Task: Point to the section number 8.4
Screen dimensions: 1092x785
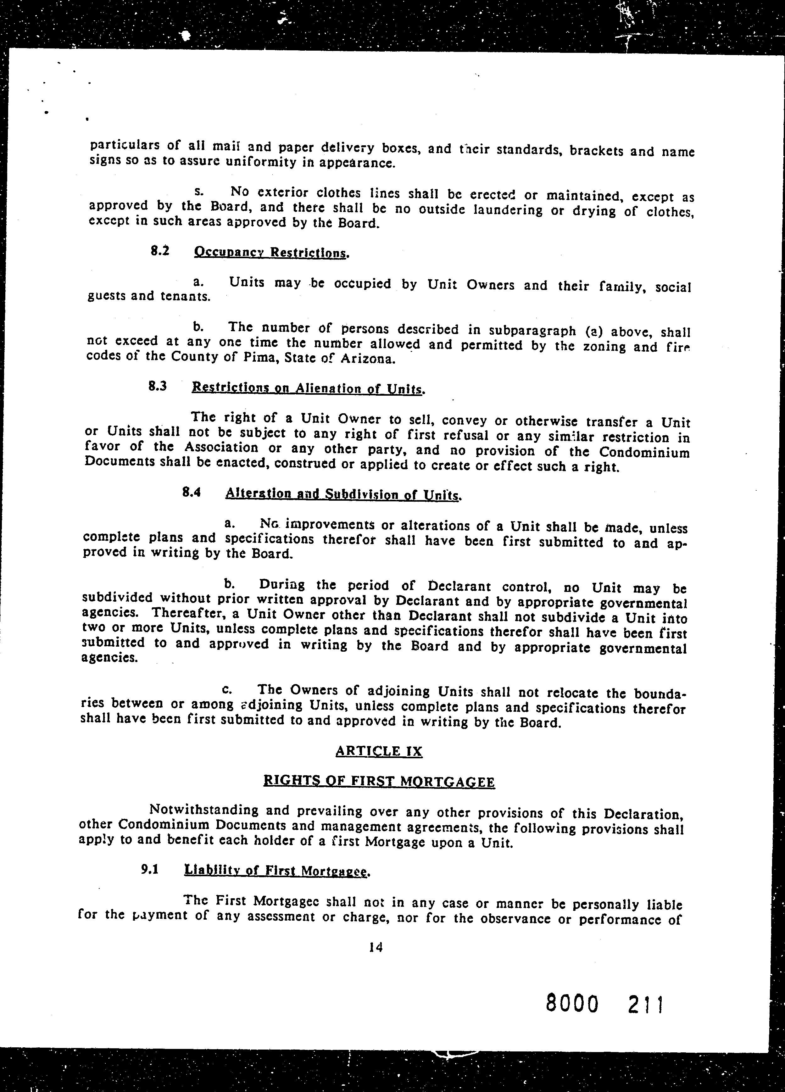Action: (x=192, y=492)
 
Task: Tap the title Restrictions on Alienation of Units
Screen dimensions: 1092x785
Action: (x=307, y=388)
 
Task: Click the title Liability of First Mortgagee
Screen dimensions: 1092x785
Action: (x=276, y=871)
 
